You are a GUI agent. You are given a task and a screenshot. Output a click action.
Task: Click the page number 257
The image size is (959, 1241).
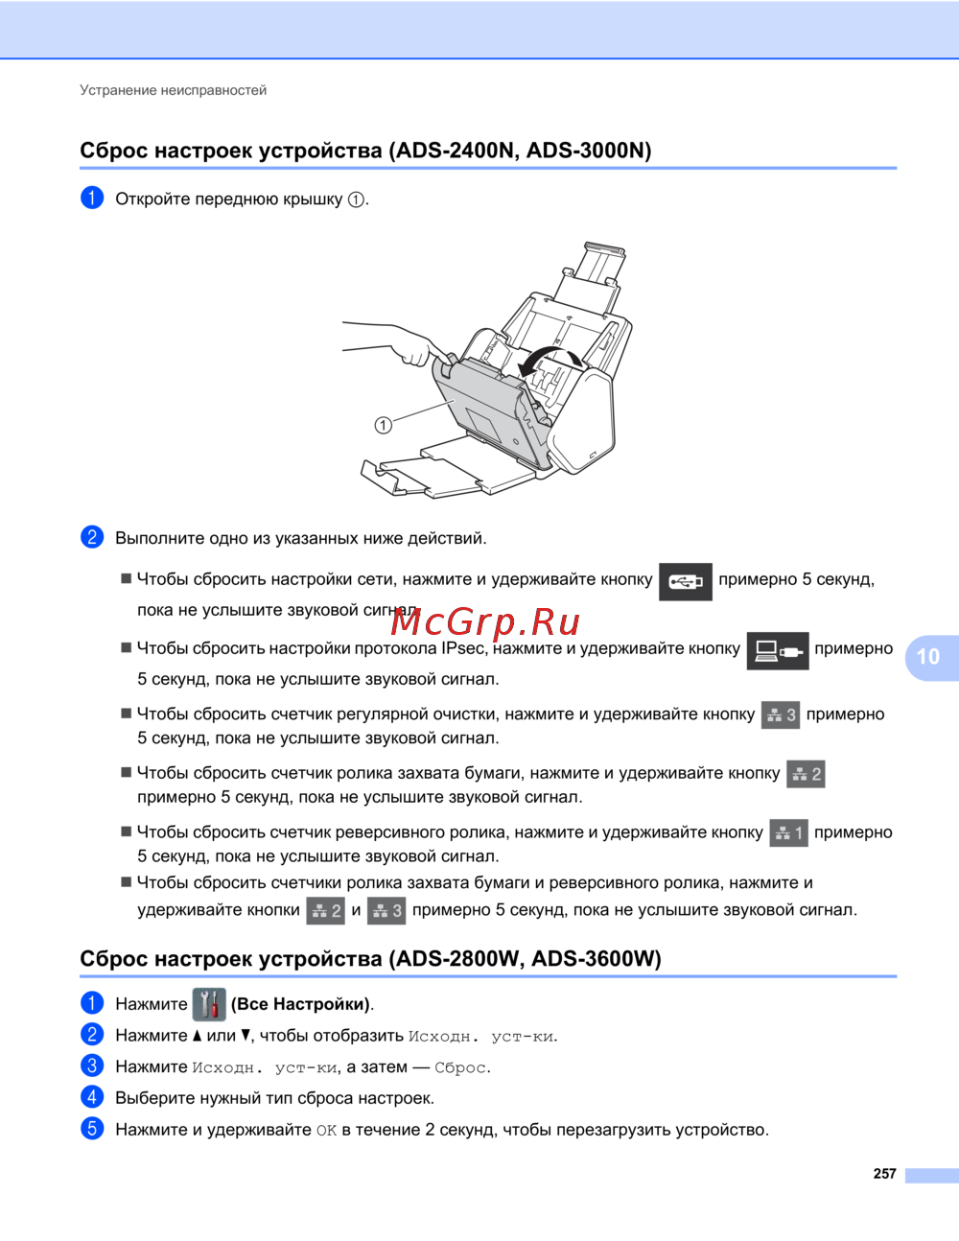pyautogui.click(x=884, y=1173)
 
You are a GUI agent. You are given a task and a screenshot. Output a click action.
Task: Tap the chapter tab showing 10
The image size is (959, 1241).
pyautogui.click(x=931, y=657)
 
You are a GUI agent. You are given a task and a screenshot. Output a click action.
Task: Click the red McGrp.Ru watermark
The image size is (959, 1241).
pyautogui.click(x=485, y=622)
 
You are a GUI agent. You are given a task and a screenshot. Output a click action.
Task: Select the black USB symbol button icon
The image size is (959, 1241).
pyautogui.click(x=685, y=581)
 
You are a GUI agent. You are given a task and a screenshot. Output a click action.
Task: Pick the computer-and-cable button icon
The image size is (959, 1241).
pyautogui.click(x=778, y=650)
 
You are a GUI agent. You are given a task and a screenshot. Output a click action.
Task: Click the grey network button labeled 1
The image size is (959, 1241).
pyautogui.click(x=788, y=832)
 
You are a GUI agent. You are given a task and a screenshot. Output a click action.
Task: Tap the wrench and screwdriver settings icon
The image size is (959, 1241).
pyautogui.click(x=209, y=1004)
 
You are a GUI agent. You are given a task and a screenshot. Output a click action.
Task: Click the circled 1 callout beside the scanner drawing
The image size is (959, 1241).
pyautogui.click(x=383, y=425)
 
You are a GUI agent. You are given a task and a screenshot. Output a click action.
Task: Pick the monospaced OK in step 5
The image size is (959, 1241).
pyautogui.click(x=326, y=1130)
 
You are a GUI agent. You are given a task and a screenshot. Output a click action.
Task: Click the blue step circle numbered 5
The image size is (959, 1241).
pyautogui.click(x=92, y=1129)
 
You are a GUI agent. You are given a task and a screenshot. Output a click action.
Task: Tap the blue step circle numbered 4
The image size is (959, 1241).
pyautogui.click(x=92, y=1097)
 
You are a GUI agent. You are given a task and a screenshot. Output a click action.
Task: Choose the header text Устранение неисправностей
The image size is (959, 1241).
pyautogui.click(x=173, y=90)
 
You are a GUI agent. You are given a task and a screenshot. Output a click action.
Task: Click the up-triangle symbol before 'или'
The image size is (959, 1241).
pyautogui.click(x=197, y=1036)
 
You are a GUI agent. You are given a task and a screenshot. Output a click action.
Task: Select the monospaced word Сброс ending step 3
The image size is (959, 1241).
pyautogui.click(x=461, y=1067)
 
